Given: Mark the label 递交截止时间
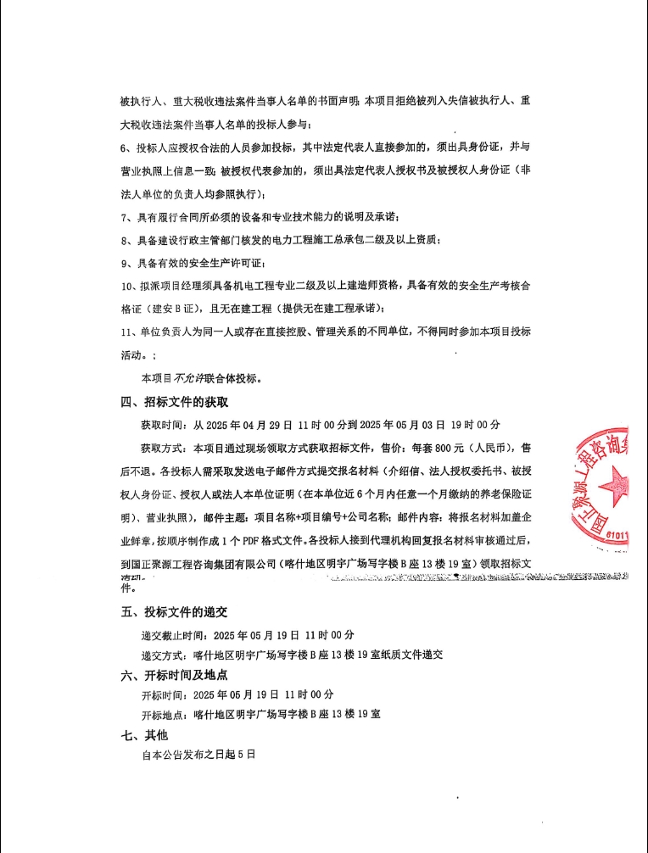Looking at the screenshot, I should pyautogui.click(x=175, y=634).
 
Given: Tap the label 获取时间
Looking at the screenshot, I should pyautogui.click(x=164, y=424).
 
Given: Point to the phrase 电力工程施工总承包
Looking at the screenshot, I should pyautogui.click(x=332, y=240).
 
